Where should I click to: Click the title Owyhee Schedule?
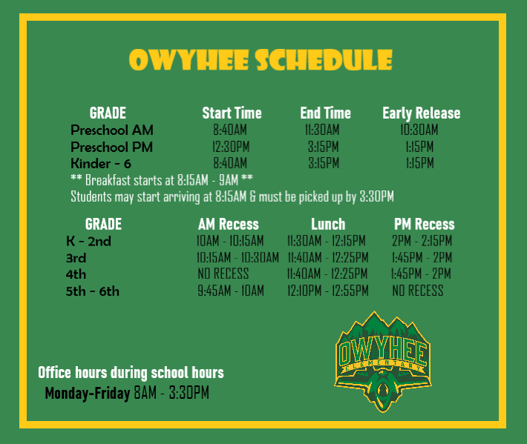coord(261,60)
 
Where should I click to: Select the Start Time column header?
coord(232,113)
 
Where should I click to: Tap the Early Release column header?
coord(421,113)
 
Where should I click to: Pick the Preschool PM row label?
coord(111,147)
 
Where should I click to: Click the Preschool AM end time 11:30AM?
coord(322,130)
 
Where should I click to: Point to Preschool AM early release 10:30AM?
coord(419,130)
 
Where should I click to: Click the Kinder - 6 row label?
coord(101,163)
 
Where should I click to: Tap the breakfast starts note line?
coord(162,180)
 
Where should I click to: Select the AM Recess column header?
coord(228,224)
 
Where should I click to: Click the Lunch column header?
coord(328,224)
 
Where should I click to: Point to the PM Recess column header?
coord(424,224)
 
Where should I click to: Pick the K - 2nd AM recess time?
coord(230,241)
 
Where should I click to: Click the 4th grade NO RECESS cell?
coord(223,274)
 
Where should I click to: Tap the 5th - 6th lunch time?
coord(327,291)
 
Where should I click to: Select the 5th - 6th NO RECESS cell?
coord(417,291)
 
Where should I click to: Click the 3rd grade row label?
coord(76,258)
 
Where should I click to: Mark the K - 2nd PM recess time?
coord(422,241)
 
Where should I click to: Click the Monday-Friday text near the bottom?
coord(88,393)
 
